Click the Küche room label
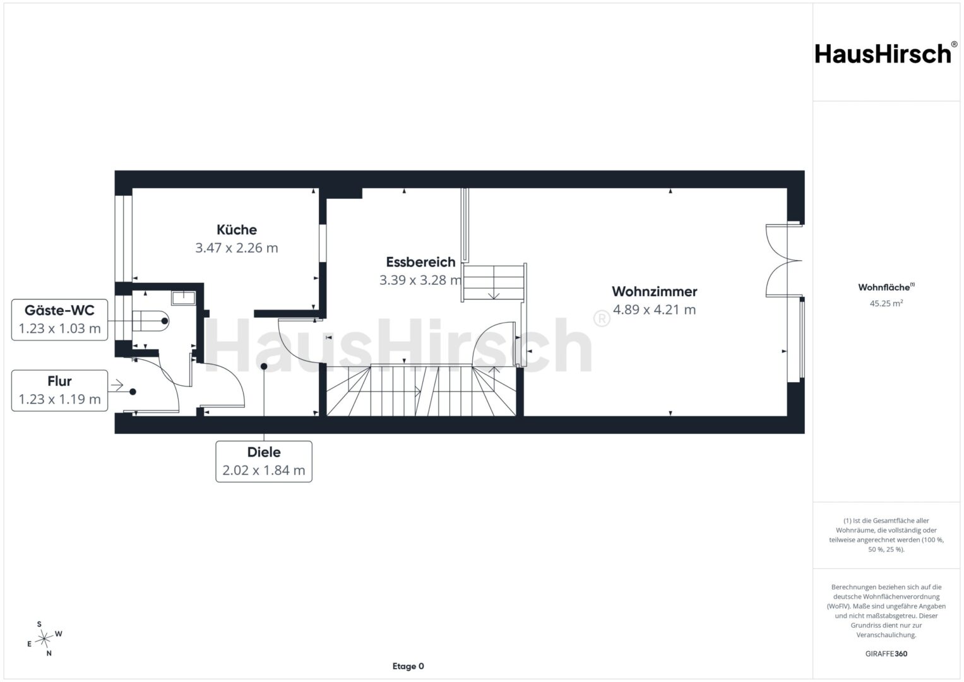[237, 229]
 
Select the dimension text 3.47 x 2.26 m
[237, 248]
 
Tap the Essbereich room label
[420, 262]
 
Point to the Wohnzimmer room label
[654, 292]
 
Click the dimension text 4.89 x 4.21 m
[654, 309]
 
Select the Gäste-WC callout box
[59, 320]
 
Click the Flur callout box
[59, 390]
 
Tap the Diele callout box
[264, 462]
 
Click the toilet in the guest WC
[150, 321]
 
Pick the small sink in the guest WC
[183, 297]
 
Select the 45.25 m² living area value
[886, 303]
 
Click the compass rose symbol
[44, 638]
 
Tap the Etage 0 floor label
[408, 666]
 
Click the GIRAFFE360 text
[886, 654]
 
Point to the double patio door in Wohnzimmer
[783, 260]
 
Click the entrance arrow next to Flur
[117, 385]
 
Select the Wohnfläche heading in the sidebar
[886, 287]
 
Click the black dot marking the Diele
[264, 366]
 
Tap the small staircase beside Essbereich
[494, 282]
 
